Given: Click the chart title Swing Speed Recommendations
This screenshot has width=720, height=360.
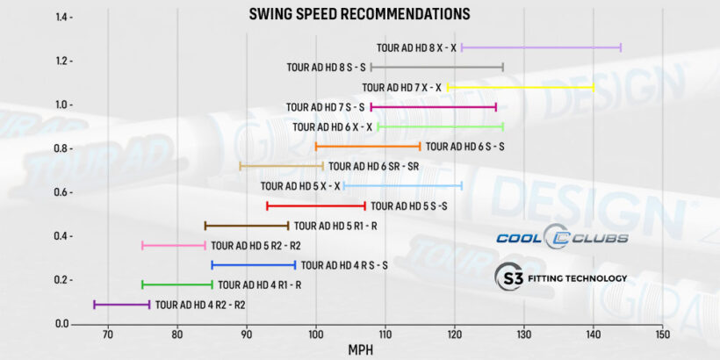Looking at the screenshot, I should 359,14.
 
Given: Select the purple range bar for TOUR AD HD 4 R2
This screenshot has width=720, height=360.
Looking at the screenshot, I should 122,305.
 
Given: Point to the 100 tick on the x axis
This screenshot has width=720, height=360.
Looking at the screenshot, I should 315,335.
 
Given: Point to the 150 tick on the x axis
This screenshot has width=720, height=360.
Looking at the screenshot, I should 662,335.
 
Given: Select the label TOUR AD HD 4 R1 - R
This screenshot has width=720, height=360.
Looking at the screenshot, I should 260,284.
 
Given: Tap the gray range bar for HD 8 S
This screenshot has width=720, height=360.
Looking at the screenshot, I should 436,67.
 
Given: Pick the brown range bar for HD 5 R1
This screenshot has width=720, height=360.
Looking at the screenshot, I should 247,226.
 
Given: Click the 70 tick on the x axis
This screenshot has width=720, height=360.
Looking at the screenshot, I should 107,335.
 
